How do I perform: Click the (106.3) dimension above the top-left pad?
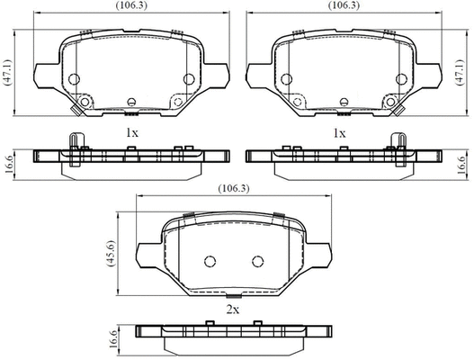[x=131, y=5]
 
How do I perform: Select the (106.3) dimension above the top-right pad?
[x=344, y=5]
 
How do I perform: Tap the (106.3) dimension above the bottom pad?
[x=234, y=188]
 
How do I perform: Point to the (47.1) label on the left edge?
[x=8, y=73]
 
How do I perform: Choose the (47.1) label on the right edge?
[x=461, y=73]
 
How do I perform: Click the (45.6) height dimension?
[x=111, y=254]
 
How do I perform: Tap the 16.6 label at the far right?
[x=461, y=165]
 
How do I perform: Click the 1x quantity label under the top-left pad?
[x=132, y=133]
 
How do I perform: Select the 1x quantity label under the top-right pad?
[x=339, y=133]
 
